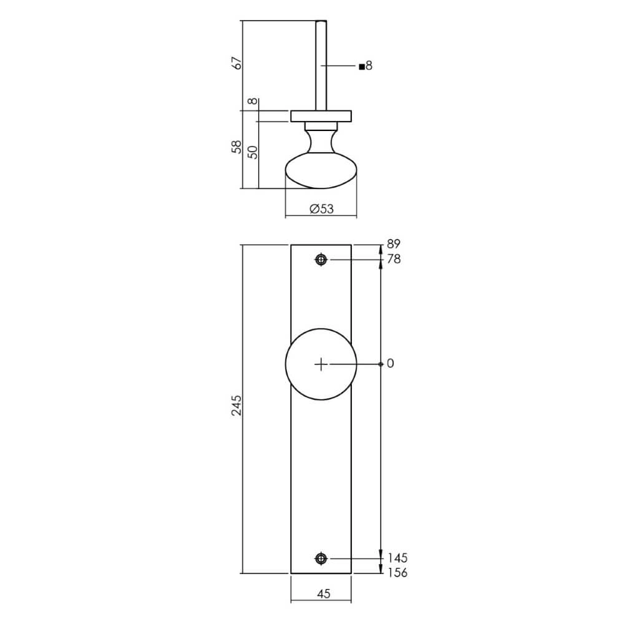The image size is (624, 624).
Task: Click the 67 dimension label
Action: tap(236, 64)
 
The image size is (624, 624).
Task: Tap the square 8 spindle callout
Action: tap(366, 66)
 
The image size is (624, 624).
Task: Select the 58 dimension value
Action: tap(236, 148)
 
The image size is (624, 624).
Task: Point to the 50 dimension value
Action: tap(252, 152)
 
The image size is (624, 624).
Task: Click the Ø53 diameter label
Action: tap(321, 209)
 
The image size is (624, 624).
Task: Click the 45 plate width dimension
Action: tap(323, 594)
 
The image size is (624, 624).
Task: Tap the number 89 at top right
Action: tap(393, 244)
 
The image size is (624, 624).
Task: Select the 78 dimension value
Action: tap(393, 259)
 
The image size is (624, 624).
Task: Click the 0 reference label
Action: tap(391, 363)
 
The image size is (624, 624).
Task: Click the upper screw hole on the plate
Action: tap(321, 260)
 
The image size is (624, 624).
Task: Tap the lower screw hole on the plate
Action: tap(321, 558)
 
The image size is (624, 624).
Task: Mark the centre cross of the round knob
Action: tap(321, 364)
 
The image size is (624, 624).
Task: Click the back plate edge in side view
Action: tap(321, 116)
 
